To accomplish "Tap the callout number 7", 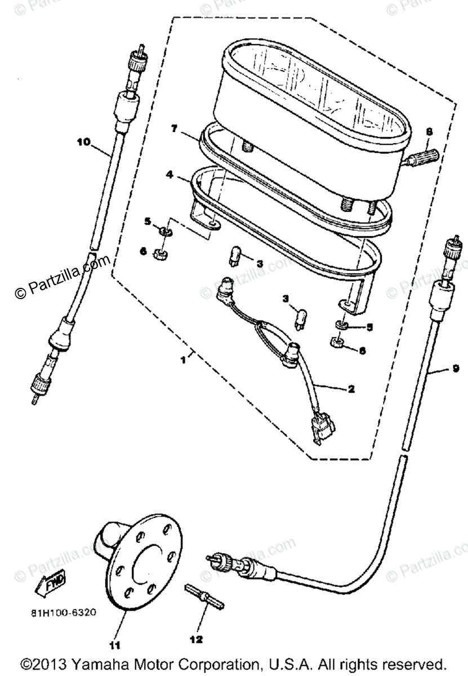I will point(175,129).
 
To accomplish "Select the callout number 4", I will point(169,175).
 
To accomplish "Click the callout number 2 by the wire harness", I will point(351,389).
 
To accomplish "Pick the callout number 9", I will point(455,369).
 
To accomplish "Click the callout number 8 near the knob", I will point(429,132).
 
